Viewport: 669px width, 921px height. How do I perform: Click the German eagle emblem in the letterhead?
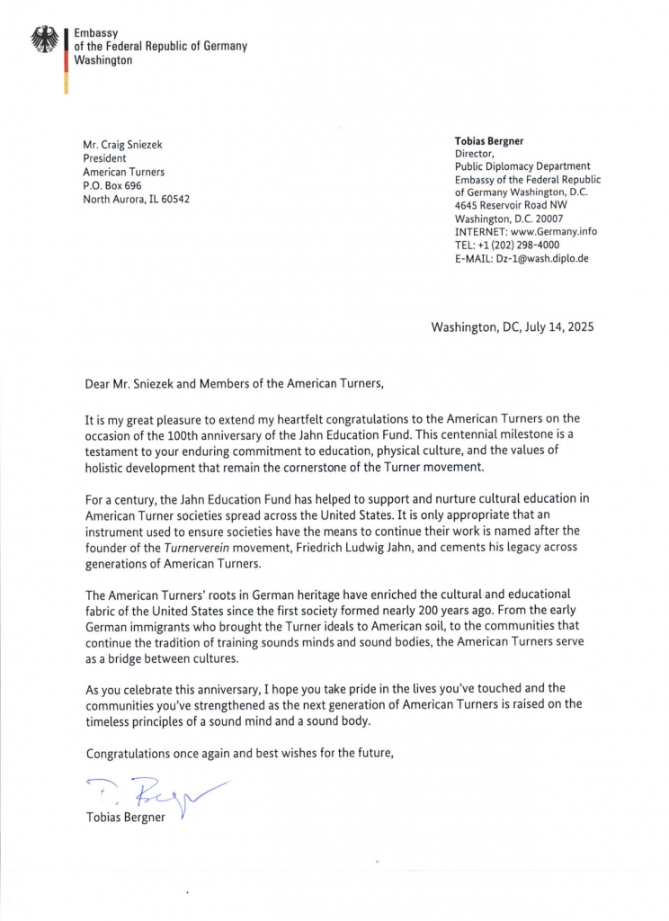tap(43, 40)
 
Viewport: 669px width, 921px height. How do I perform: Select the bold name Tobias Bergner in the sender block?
tap(492, 141)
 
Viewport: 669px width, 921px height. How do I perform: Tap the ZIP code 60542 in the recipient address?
tap(174, 199)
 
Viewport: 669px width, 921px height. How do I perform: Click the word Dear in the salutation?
tap(98, 384)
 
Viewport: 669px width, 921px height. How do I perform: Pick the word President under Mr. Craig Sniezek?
tap(104, 158)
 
